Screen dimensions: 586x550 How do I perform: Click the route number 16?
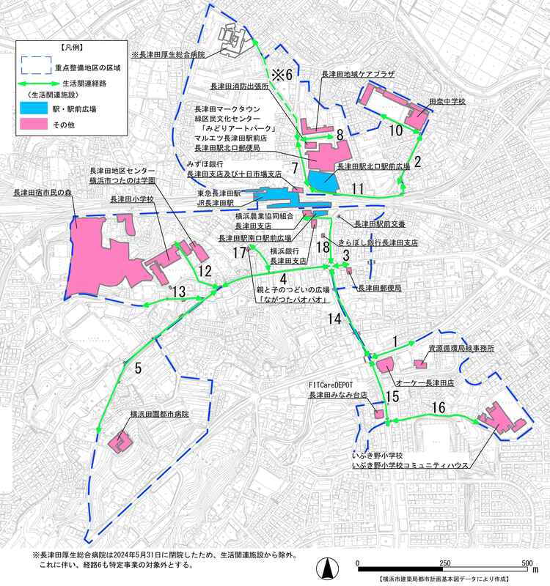click(x=438, y=407)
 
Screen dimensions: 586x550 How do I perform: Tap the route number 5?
click(x=139, y=368)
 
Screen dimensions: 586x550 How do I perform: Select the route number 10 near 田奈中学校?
click(x=395, y=132)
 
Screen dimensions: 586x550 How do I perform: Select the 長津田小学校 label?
click(x=131, y=199)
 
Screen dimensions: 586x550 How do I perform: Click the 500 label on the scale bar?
click(x=526, y=563)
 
